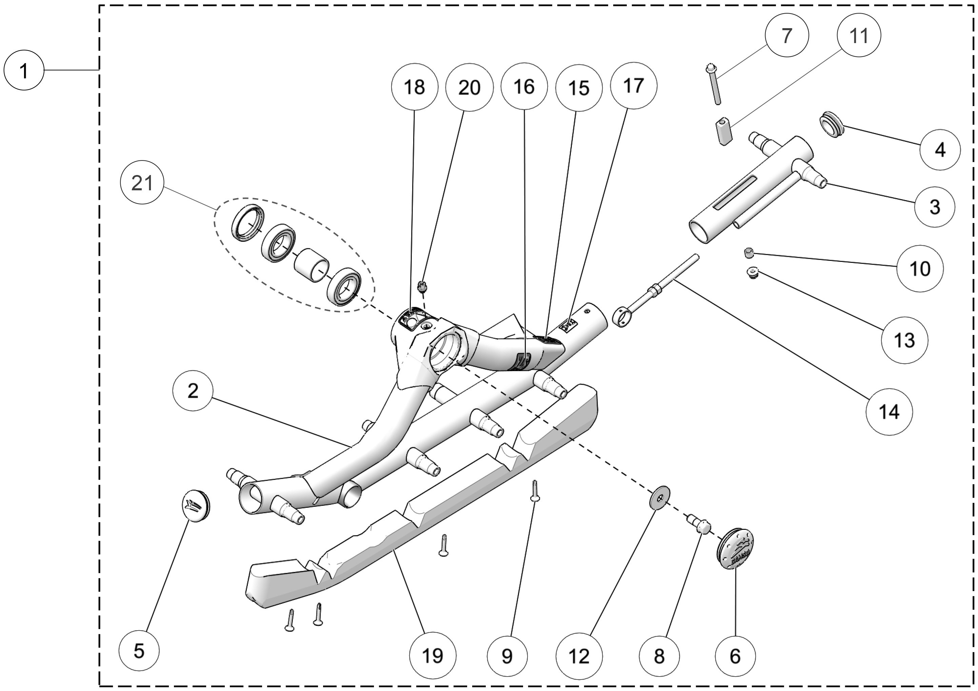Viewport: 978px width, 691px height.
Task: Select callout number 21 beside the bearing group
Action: [x=142, y=183]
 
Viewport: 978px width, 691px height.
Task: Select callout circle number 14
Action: [x=889, y=412]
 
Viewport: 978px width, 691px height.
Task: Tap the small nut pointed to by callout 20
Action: [x=422, y=286]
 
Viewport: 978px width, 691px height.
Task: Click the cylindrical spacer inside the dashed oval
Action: [x=312, y=266]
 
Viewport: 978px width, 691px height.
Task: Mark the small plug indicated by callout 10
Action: [x=749, y=253]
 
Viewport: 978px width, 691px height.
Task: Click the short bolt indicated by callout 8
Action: [x=699, y=523]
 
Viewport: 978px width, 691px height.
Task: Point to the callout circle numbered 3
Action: [x=934, y=207]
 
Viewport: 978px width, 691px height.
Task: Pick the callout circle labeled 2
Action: [x=193, y=390]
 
